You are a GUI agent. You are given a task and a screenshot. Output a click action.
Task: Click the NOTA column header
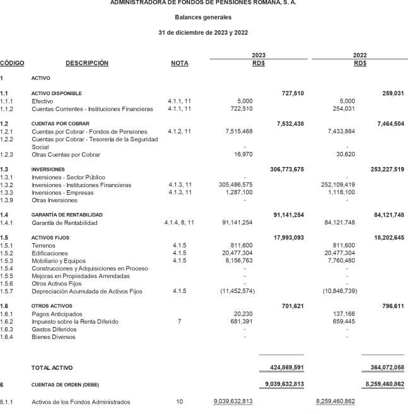tap(179, 63)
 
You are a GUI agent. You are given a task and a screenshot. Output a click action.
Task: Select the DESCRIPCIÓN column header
tap(87, 63)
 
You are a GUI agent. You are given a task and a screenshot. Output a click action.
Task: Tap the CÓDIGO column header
tap(13, 63)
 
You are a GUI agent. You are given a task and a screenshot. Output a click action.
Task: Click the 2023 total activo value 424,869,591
tap(282, 367)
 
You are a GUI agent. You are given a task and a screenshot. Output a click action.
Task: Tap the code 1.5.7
tap(7, 291)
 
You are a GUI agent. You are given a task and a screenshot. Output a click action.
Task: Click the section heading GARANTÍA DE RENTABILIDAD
tap(67, 215)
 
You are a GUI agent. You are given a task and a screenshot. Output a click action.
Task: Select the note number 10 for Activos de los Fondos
tap(179, 401)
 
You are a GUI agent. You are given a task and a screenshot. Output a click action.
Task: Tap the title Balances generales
tap(204, 17)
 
